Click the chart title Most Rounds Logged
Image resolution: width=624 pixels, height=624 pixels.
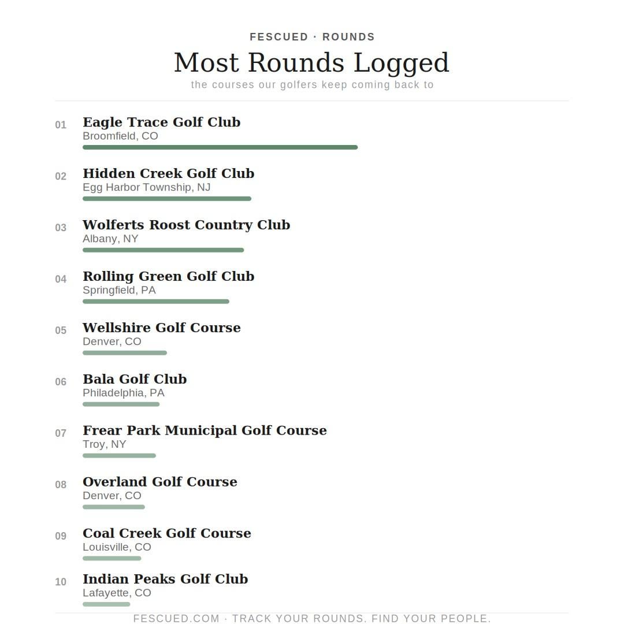(311, 62)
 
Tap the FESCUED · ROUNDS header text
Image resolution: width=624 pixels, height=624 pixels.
(312, 37)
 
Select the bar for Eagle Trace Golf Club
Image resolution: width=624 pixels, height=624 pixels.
(220, 147)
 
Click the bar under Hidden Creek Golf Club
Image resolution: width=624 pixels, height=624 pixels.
(167, 199)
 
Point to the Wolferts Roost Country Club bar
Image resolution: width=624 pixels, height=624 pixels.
(163, 250)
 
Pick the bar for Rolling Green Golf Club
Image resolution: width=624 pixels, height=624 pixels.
(156, 302)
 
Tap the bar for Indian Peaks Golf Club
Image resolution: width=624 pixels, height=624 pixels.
(106, 604)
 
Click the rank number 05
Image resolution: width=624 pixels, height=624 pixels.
(61, 330)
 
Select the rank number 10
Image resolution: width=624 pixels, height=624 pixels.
(61, 582)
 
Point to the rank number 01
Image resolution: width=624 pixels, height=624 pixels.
(61, 125)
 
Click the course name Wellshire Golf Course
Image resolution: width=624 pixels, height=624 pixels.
(162, 328)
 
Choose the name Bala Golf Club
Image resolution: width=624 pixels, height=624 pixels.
(135, 379)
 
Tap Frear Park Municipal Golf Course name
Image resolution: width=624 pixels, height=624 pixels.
(205, 430)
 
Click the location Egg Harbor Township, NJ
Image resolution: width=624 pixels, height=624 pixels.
(146, 187)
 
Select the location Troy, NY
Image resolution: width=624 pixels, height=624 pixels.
(104, 444)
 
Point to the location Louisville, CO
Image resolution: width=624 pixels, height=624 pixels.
(117, 547)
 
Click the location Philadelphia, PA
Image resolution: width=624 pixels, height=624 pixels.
(123, 393)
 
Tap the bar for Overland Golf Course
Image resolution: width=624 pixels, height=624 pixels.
(114, 507)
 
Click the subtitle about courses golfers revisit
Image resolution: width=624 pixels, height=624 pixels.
(312, 85)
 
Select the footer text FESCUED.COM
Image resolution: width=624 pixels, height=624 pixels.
(176, 618)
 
